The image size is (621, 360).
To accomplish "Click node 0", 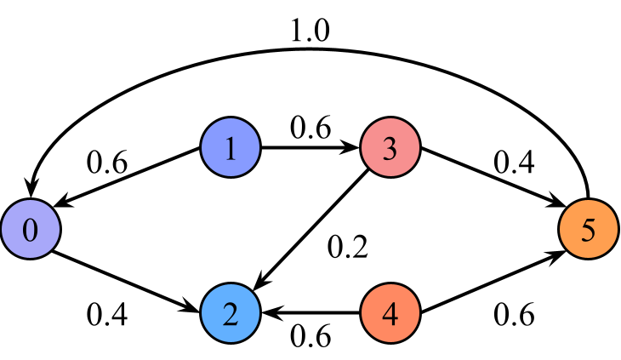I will (31, 230).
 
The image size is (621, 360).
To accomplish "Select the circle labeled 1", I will (231, 148).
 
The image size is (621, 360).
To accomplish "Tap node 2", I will (231, 313).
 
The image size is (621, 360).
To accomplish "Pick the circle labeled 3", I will (390, 148).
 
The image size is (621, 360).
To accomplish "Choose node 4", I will (390, 313).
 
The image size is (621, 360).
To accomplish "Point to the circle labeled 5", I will (589, 230).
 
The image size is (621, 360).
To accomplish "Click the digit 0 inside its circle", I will (31, 230).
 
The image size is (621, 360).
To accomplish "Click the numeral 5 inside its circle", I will (589, 230).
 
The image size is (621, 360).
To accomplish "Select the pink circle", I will (390, 148).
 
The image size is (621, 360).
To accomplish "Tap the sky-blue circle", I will (231, 313).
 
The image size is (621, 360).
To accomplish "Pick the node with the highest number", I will (589, 230).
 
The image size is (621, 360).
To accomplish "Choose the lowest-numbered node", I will (31, 230).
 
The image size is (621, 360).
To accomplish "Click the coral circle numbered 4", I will (390, 313).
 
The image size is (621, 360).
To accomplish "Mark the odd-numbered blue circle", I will (231, 148).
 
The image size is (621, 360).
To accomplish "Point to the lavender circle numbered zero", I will (31, 230).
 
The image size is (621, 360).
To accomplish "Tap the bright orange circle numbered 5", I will (589, 230).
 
